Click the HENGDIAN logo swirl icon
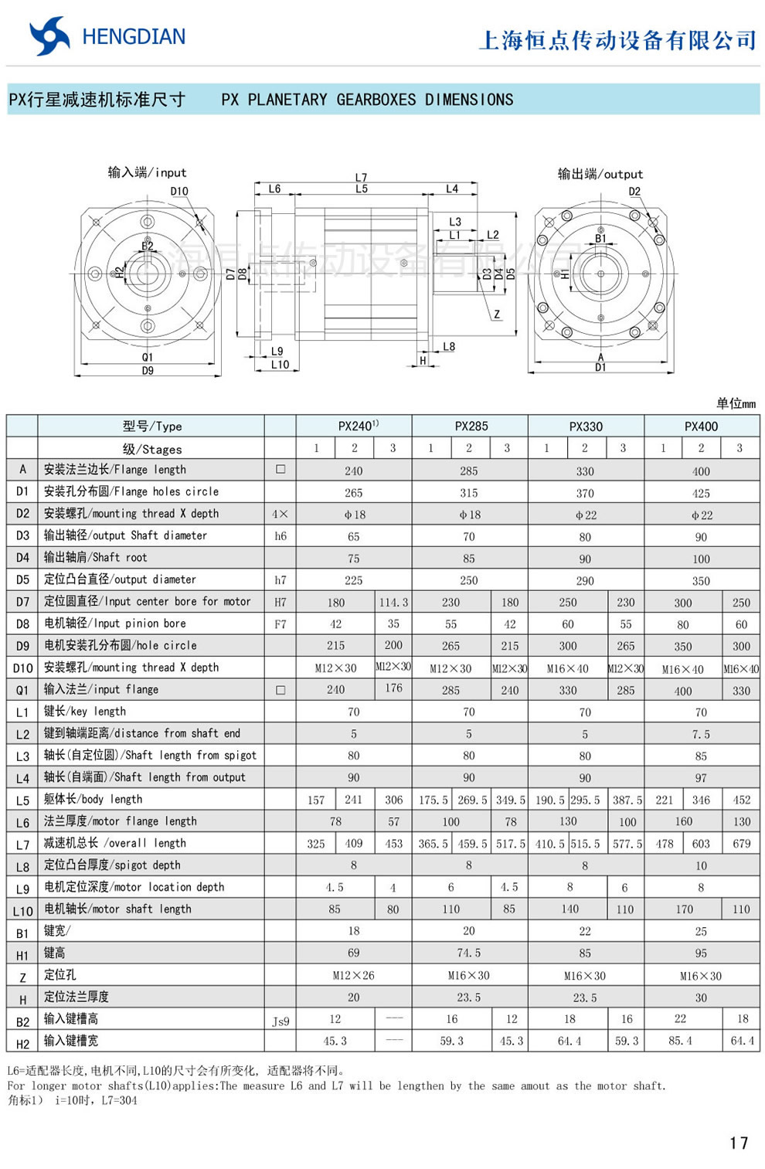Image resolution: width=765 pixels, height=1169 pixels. tap(49, 36)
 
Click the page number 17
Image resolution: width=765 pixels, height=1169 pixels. tap(738, 1142)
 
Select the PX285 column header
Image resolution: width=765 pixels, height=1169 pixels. tap(471, 426)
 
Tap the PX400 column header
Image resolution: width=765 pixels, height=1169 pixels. tap(701, 426)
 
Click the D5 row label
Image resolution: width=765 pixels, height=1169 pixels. tap(22, 579)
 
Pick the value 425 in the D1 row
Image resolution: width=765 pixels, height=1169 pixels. tap(701, 493)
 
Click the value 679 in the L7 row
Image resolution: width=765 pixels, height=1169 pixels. tap(741, 844)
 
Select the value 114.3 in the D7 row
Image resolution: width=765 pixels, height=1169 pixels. tap(393, 602)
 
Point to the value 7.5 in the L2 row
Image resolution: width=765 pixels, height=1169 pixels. tap(701, 734)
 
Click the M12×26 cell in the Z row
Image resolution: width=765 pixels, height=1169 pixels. tap(353, 976)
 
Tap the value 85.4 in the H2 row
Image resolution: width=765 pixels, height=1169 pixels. tap(680, 1041)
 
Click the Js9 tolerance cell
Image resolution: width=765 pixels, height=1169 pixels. tap(280, 1021)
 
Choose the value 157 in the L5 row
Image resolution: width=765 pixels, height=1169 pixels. tap(316, 800)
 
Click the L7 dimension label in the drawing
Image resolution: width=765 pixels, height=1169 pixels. tap(361, 178)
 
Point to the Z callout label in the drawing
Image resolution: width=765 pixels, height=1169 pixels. tap(497, 314)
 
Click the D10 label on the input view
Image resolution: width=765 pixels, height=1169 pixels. tap(179, 191)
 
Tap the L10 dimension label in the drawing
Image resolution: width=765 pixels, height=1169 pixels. tap(280, 365)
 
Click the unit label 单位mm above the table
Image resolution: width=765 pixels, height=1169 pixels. tap(735, 403)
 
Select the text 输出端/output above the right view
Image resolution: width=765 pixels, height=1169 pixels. tap(600, 174)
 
